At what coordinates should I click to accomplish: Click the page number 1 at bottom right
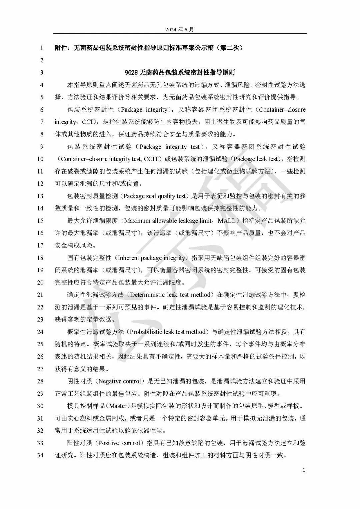click(304, 470)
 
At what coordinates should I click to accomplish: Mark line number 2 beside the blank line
click(41, 60)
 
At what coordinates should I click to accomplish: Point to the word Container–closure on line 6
click(282, 110)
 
